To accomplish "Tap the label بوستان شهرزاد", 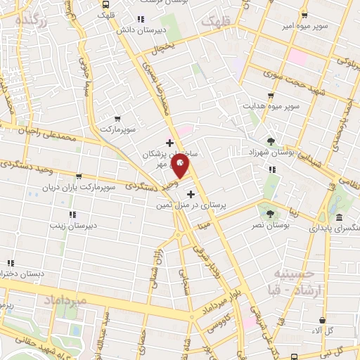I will (270, 151).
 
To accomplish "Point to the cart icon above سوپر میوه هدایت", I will (271, 96).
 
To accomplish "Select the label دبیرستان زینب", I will (72, 225).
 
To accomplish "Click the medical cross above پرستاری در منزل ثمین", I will (191, 193).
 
